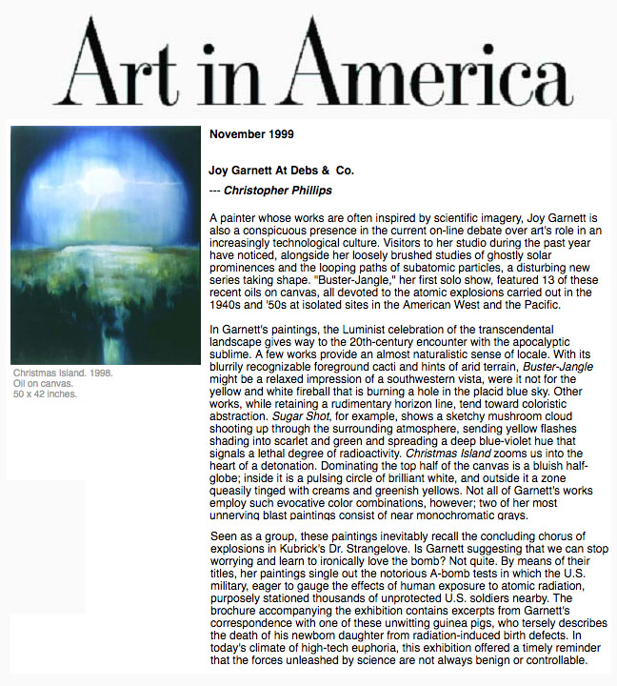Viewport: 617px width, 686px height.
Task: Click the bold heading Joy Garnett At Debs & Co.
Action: tap(281, 171)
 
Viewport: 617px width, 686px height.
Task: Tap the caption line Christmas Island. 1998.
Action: tap(62, 373)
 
